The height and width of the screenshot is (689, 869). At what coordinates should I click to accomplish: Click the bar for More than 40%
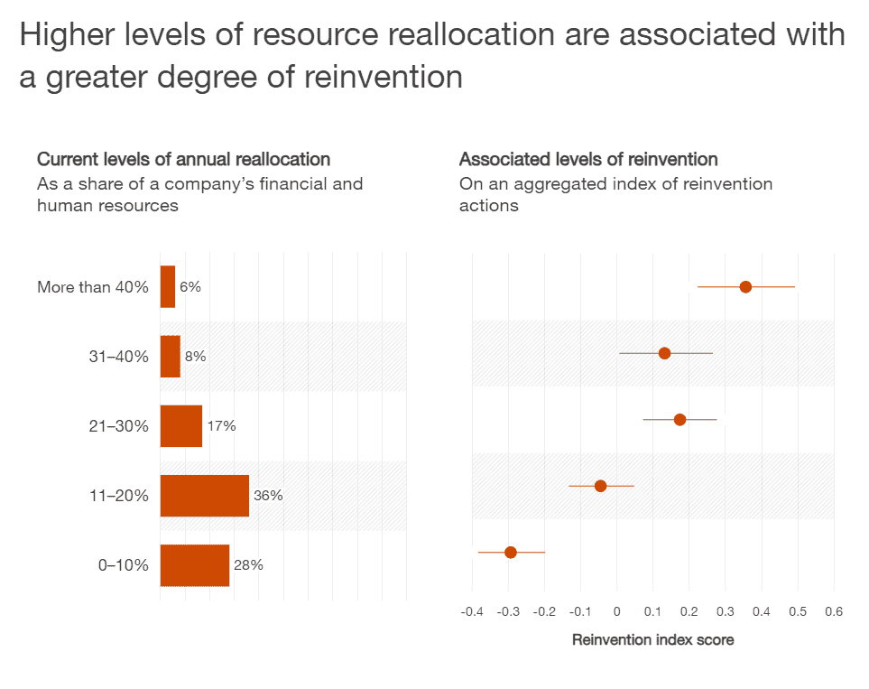tap(168, 287)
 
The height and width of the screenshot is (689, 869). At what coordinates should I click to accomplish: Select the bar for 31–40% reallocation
tap(171, 357)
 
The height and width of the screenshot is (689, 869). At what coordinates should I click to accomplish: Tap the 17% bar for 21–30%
tap(181, 426)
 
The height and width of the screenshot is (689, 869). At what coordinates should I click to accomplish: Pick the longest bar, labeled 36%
tap(205, 496)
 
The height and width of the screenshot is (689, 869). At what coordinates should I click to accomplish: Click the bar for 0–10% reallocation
tap(195, 565)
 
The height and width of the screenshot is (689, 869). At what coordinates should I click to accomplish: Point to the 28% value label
tap(248, 565)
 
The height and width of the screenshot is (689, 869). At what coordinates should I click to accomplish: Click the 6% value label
tap(190, 287)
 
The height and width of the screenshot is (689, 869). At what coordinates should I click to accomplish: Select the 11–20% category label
tap(118, 496)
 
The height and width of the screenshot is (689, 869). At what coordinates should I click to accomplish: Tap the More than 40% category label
tap(93, 287)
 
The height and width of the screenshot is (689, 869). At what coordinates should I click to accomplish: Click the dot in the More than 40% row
tap(745, 287)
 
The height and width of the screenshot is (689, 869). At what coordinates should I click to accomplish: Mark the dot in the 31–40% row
tap(664, 353)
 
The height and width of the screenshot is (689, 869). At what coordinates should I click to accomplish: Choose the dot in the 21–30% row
tap(679, 420)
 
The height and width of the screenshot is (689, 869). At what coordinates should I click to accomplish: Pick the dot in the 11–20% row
tap(600, 486)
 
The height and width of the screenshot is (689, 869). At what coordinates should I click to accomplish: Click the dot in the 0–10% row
tap(511, 552)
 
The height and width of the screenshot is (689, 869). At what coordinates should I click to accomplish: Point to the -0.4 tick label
tap(471, 611)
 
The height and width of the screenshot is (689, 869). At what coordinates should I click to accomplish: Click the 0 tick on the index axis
tap(616, 611)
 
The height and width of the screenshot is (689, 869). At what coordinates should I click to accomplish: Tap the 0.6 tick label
tap(834, 611)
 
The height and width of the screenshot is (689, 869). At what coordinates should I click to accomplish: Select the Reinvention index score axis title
tap(653, 640)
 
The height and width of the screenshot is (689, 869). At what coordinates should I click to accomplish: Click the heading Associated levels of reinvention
tap(588, 160)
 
